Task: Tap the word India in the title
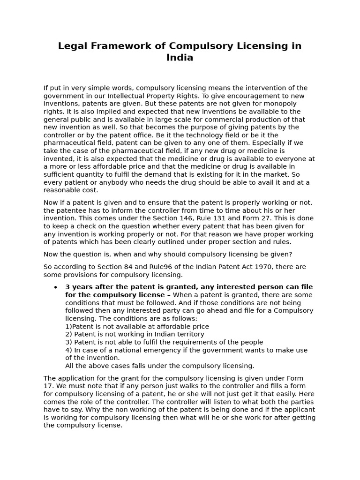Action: [x=180, y=58]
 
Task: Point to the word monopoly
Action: [x=276, y=104]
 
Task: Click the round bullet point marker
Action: [x=56, y=287]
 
